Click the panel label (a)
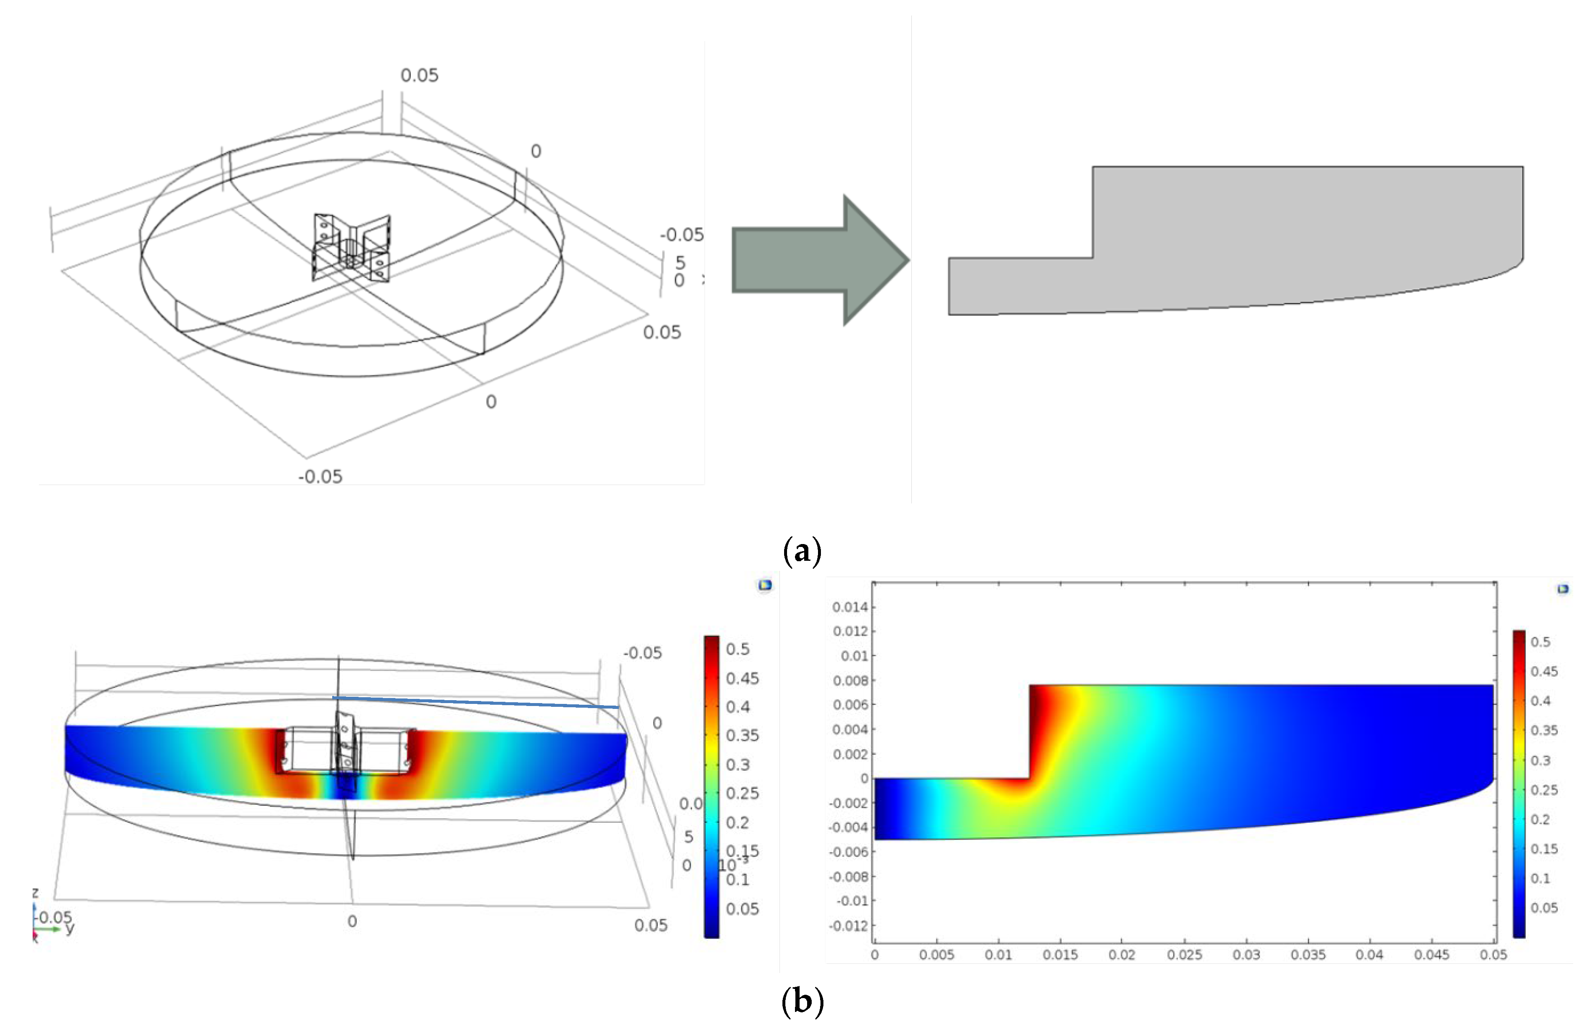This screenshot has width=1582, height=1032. coord(803,551)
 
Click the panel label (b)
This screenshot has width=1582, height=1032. coord(803,1001)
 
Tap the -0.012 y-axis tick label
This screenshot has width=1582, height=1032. coord(848,926)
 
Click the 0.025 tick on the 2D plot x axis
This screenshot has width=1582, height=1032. coord(1185,955)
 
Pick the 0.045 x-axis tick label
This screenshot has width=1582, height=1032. coord(1432,955)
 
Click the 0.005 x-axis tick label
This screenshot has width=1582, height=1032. coord(936,955)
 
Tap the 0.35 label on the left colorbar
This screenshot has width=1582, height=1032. coord(743,735)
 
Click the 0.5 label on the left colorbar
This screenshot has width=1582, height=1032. coord(738,649)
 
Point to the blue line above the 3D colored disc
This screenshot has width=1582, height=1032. coord(475,702)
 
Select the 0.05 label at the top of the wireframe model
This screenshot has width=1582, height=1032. coord(419,76)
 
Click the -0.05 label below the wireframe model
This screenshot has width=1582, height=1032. coord(321,477)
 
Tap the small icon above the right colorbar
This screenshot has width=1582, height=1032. coord(1563,588)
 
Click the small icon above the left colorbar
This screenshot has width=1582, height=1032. coord(765,585)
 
